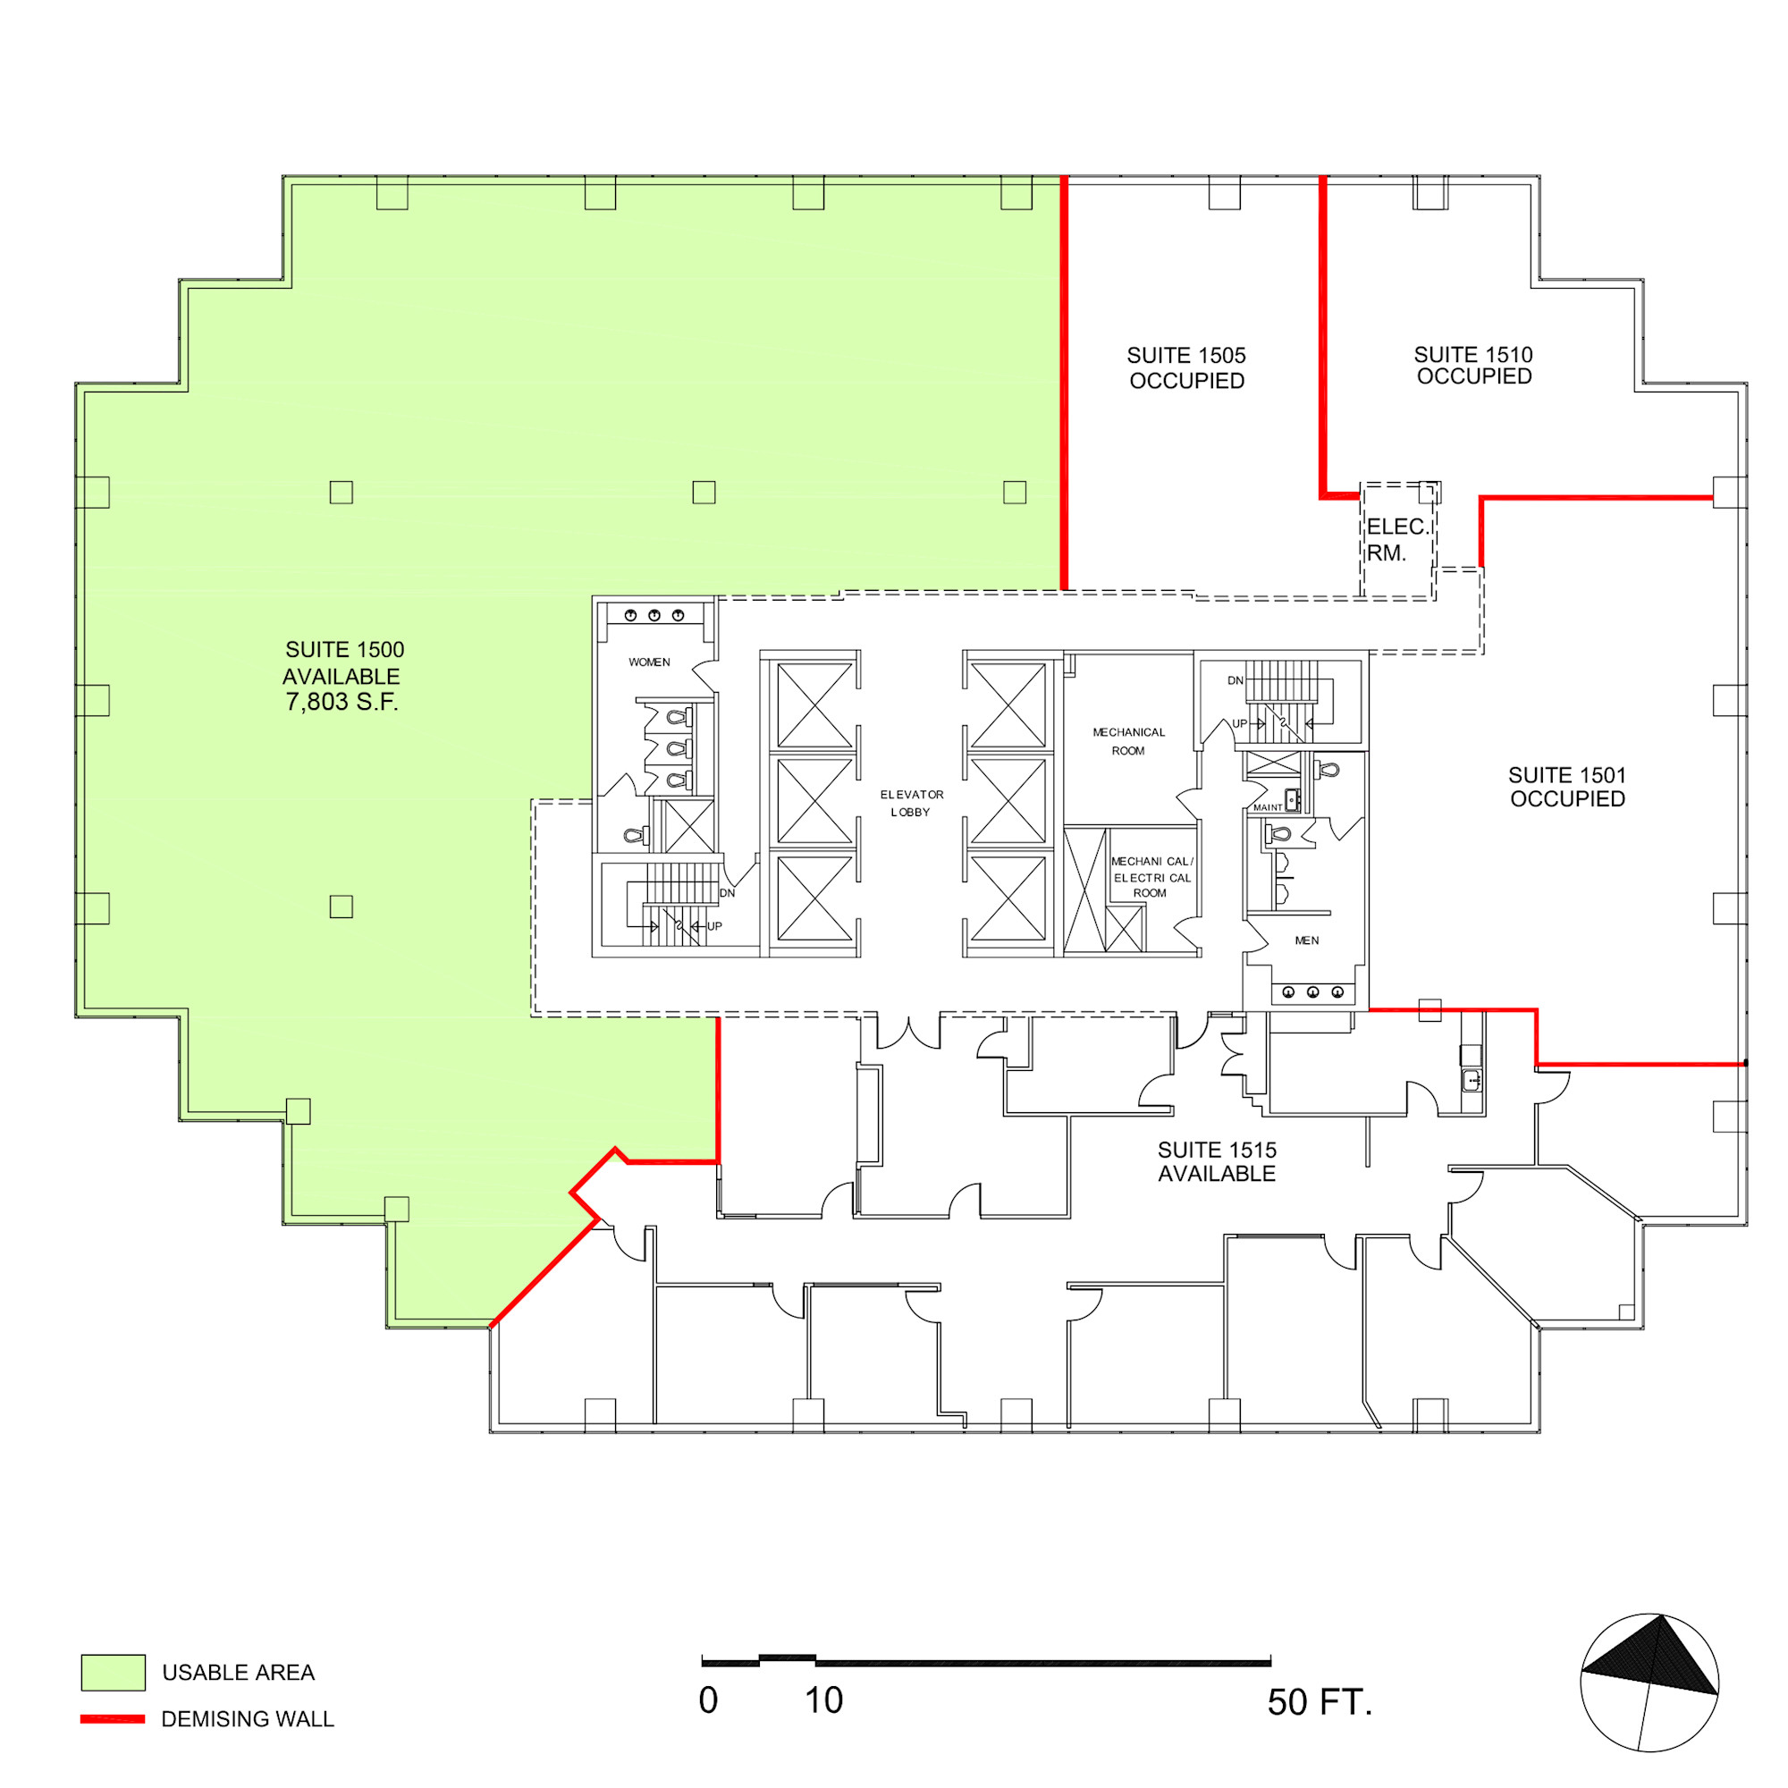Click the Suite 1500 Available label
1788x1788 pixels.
(343, 676)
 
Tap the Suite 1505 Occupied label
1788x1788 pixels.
(1186, 368)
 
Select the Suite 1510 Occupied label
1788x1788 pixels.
(1473, 366)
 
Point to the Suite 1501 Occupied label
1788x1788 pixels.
(1567, 787)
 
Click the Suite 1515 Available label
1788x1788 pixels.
(1217, 1161)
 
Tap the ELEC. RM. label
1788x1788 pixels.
(1397, 540)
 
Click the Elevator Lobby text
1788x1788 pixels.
(912, 804)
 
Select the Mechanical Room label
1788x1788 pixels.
(1129, 741)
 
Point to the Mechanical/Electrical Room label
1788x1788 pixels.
(1152, 877)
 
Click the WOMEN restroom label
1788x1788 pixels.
(650, 662)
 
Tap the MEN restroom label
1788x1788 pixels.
(1307, 940)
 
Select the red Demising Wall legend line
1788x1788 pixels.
(113, 1718)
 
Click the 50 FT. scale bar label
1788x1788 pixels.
(1320, 1702)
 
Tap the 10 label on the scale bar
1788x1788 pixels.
(823, 1700)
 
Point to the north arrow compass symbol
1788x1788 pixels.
(1649, 1683)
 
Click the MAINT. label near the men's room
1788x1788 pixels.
(1269, 808)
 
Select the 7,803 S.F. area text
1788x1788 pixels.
(342, 703)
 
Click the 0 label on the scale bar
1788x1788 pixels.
(708, 1700)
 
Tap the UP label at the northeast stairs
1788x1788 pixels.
(1239, 724)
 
